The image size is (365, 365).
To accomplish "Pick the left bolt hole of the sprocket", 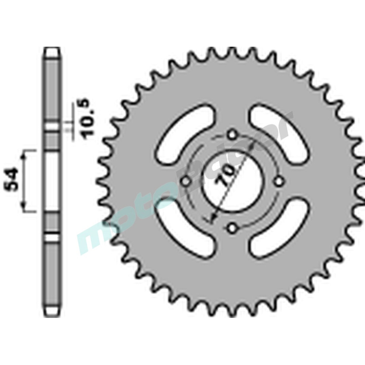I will click(185, 181).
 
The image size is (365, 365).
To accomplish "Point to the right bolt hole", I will click(279, 181).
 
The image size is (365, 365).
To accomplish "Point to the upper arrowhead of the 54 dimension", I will click(25, 155).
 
